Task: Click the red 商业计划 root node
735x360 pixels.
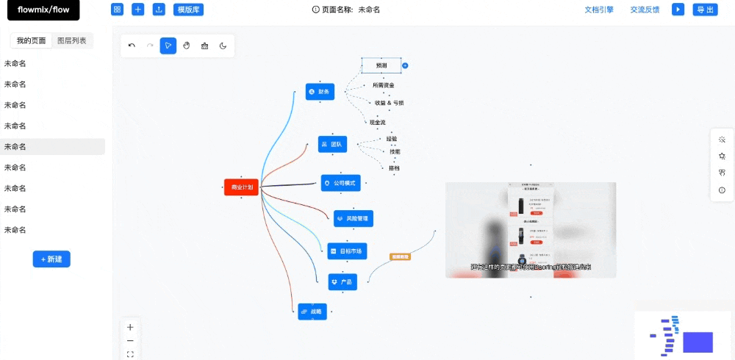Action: (241, 187)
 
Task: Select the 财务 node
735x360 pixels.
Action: (320, 92)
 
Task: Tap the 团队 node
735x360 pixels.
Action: (332, 144)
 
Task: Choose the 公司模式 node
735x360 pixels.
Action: (340, 183)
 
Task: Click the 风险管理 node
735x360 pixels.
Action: (354, 218)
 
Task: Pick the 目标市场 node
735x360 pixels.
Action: (347, 251)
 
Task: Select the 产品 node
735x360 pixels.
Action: (343, 282)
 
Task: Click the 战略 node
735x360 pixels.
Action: (312, 312)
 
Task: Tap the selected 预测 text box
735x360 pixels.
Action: (381, 65)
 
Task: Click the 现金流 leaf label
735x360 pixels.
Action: (377, 122)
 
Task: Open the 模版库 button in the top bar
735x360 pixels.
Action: (189, 10)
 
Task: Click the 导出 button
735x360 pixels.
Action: (705, 10)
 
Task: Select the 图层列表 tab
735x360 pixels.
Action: (72, 41)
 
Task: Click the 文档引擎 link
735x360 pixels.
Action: (599, 10)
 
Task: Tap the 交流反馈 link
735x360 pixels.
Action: (645, 10)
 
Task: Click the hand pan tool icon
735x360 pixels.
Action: (187, 46)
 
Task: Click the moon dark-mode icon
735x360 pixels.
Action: (223, 46)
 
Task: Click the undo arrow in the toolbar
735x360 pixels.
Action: (132, 46)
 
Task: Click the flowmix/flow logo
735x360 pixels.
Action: (43, 10)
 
